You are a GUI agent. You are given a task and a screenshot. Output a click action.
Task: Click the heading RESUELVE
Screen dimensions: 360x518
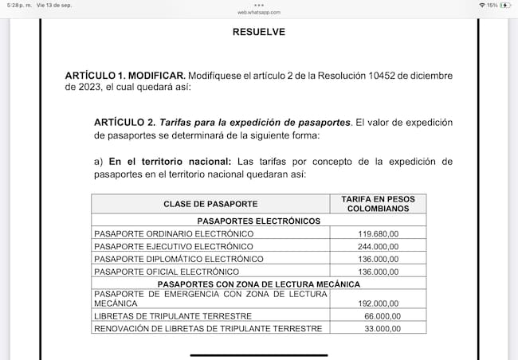tap(258, 33)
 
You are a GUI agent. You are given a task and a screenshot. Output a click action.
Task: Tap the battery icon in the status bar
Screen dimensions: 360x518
tap(504, 5)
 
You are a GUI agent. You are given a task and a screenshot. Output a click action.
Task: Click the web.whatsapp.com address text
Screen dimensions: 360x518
tap(258, 13)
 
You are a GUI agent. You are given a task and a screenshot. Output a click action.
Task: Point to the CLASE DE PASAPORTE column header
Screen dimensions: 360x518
tap(210, 204)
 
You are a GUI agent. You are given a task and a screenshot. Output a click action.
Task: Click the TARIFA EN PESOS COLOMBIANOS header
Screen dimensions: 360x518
tap(378, 203)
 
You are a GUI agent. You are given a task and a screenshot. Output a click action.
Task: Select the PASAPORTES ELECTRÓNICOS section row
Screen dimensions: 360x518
tap(258, 221)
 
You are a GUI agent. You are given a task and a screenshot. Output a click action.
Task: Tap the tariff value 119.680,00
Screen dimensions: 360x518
tap(379, 234)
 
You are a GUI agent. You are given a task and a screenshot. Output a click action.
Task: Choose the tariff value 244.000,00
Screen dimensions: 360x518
tap(379, 247)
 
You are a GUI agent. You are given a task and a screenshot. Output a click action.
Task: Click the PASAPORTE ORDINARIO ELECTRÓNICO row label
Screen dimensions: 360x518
tap(174, 234)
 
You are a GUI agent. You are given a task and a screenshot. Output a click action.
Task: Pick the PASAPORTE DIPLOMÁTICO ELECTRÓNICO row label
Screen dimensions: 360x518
tap(179, 259)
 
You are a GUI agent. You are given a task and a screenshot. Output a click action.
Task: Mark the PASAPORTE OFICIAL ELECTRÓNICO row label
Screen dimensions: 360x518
tap(168, 272)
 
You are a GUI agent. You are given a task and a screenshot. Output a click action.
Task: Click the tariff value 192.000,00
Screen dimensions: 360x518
tap(379, 303)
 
